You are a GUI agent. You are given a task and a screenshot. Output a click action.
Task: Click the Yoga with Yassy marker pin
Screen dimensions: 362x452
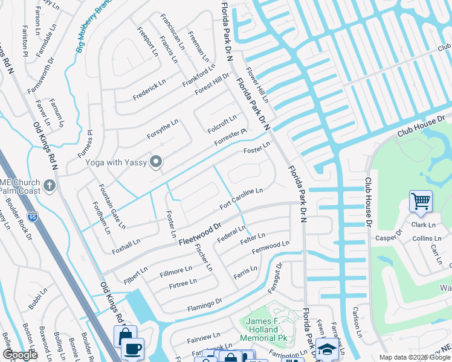click(x=157, y=161)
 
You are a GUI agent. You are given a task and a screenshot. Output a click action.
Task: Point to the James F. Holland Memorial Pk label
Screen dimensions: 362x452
click(x=263, y=329)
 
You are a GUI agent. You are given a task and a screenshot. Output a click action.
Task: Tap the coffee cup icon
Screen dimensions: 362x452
click(x=132, y=349)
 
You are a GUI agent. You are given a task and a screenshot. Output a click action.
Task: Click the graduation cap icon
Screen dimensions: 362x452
click(x=326, y=349)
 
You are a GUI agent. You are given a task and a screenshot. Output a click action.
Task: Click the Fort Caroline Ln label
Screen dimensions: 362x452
click(x=241, y=198)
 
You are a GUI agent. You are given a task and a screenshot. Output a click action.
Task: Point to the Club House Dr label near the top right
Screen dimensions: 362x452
click(x=421, y=126)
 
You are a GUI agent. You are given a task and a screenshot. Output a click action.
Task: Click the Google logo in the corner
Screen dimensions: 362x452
click(x=20, y=355)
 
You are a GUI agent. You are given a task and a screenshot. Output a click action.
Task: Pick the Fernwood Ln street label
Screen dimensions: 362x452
click(x=270, y=247)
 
